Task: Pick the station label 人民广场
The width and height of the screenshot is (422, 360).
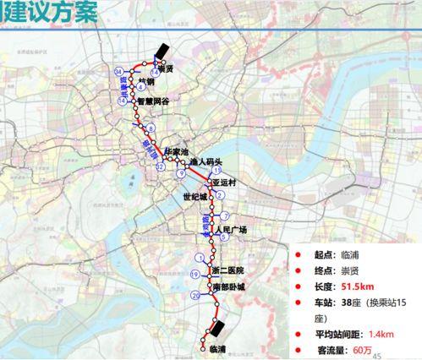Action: pos(231,230)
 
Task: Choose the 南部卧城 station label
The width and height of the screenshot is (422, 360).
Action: pos(228,287)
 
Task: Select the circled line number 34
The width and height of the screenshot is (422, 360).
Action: pos(119,71)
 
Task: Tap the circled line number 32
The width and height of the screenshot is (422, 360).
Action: pos(160,168)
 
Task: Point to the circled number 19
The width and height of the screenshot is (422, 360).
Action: pos(194,275)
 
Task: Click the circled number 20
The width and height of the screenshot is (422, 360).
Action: pos(196,296)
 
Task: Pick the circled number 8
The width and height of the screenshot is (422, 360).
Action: pos(151,128)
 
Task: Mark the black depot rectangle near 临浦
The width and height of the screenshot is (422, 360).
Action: pos(217,328)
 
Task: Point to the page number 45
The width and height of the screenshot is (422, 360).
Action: pos(377,355)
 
